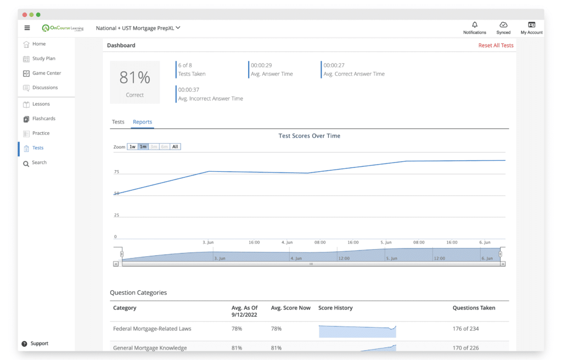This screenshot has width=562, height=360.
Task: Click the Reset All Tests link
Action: [496, 45]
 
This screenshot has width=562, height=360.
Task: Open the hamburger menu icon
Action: [27, 28]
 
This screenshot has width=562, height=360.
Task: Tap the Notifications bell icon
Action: [475, 25]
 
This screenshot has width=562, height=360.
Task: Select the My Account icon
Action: [531, 25]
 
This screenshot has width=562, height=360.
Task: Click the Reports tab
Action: [142, 122]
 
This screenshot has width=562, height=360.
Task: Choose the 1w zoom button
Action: [133, 147]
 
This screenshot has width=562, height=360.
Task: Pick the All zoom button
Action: [175, 147]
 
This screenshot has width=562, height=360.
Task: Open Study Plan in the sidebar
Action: [44, 59]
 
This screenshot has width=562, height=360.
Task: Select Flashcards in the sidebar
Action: [44, 119]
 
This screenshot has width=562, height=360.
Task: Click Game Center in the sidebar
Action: [47, 73]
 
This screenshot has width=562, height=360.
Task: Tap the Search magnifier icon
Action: [26, 164]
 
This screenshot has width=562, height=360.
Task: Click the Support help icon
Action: [24, 344]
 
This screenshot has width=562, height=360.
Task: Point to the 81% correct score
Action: [135, 77]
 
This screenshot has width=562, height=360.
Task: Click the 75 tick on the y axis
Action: [116, 172]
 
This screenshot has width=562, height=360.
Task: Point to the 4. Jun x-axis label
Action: [286, 243]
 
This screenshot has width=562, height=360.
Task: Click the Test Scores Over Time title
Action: [310, 136]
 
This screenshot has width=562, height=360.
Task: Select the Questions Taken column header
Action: [474, 308]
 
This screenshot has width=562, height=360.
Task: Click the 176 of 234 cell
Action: [465, 329]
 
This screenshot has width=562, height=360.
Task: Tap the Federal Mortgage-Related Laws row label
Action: [152, 329]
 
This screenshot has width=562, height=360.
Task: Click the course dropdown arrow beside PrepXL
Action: [178, 27]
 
